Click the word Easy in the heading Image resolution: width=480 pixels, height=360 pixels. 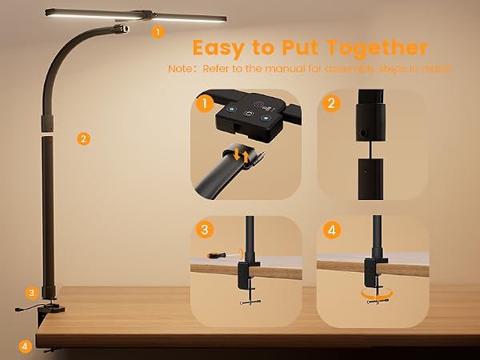coord(218,48)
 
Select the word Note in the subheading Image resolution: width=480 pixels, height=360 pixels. coord(180,68)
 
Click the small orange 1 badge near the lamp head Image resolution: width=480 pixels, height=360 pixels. coord(158,32)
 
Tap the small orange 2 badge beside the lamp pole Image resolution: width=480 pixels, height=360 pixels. coord(83,139)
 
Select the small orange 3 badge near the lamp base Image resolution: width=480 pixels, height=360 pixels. coord(32,294)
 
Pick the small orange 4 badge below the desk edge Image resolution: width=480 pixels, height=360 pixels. coord(25,347)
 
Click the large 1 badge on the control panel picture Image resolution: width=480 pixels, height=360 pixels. coord(204,104)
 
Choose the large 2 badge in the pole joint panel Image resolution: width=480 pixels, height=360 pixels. coord(331,103)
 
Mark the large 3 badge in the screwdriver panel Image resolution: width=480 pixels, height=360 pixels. coord(205,230)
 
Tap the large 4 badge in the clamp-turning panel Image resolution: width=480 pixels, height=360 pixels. coord(332,230)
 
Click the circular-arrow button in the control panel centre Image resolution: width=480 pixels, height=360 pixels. coord(248,114)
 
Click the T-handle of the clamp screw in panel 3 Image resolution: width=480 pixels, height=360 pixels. coord(250,302)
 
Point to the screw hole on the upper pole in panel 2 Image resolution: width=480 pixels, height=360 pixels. coord(363,133)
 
